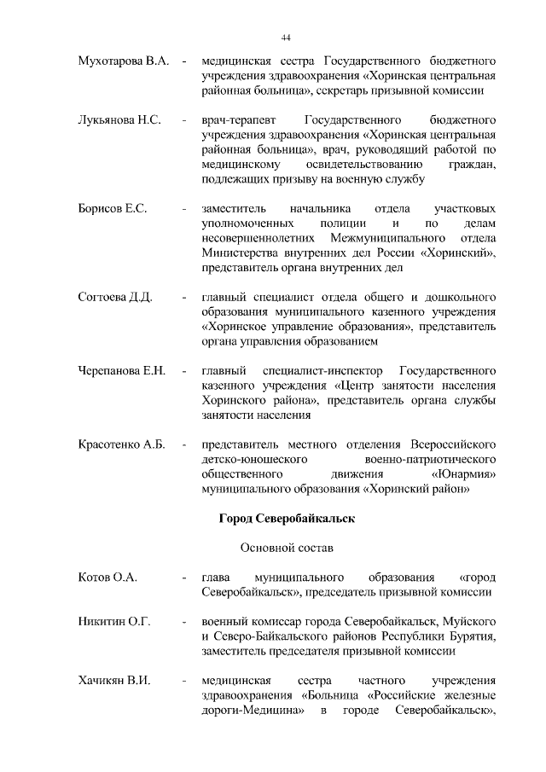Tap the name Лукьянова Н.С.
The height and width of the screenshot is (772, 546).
point(119,120)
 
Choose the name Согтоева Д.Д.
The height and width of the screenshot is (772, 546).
point(115,297)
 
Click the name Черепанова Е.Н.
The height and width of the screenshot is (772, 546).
point(121,371)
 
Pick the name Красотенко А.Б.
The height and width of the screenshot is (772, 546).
point(120,444)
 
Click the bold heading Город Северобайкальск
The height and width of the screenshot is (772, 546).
point(287,518)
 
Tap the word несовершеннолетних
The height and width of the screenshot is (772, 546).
point(250,238)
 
